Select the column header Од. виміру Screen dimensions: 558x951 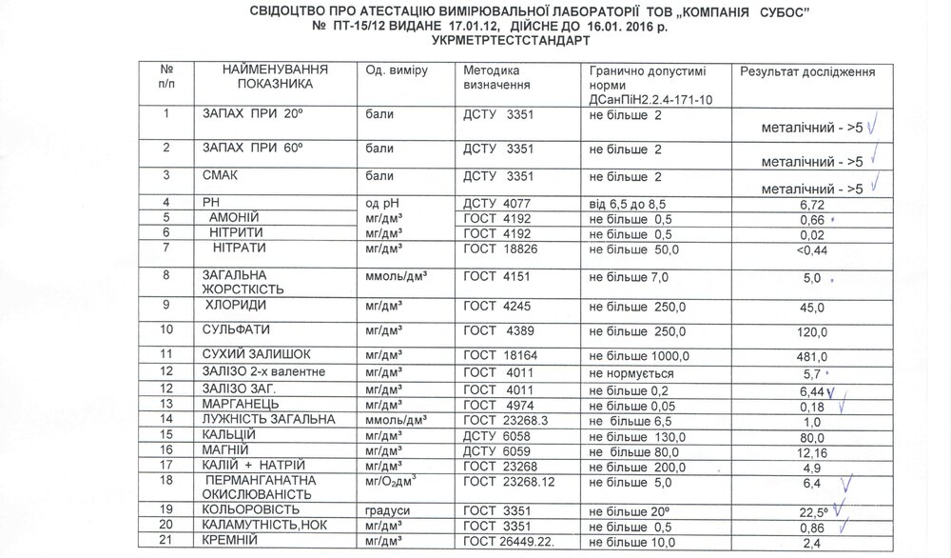pyautogui.click(x=397, y=72)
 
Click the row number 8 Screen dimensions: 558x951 pyautogui.click(x=167, y=275)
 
